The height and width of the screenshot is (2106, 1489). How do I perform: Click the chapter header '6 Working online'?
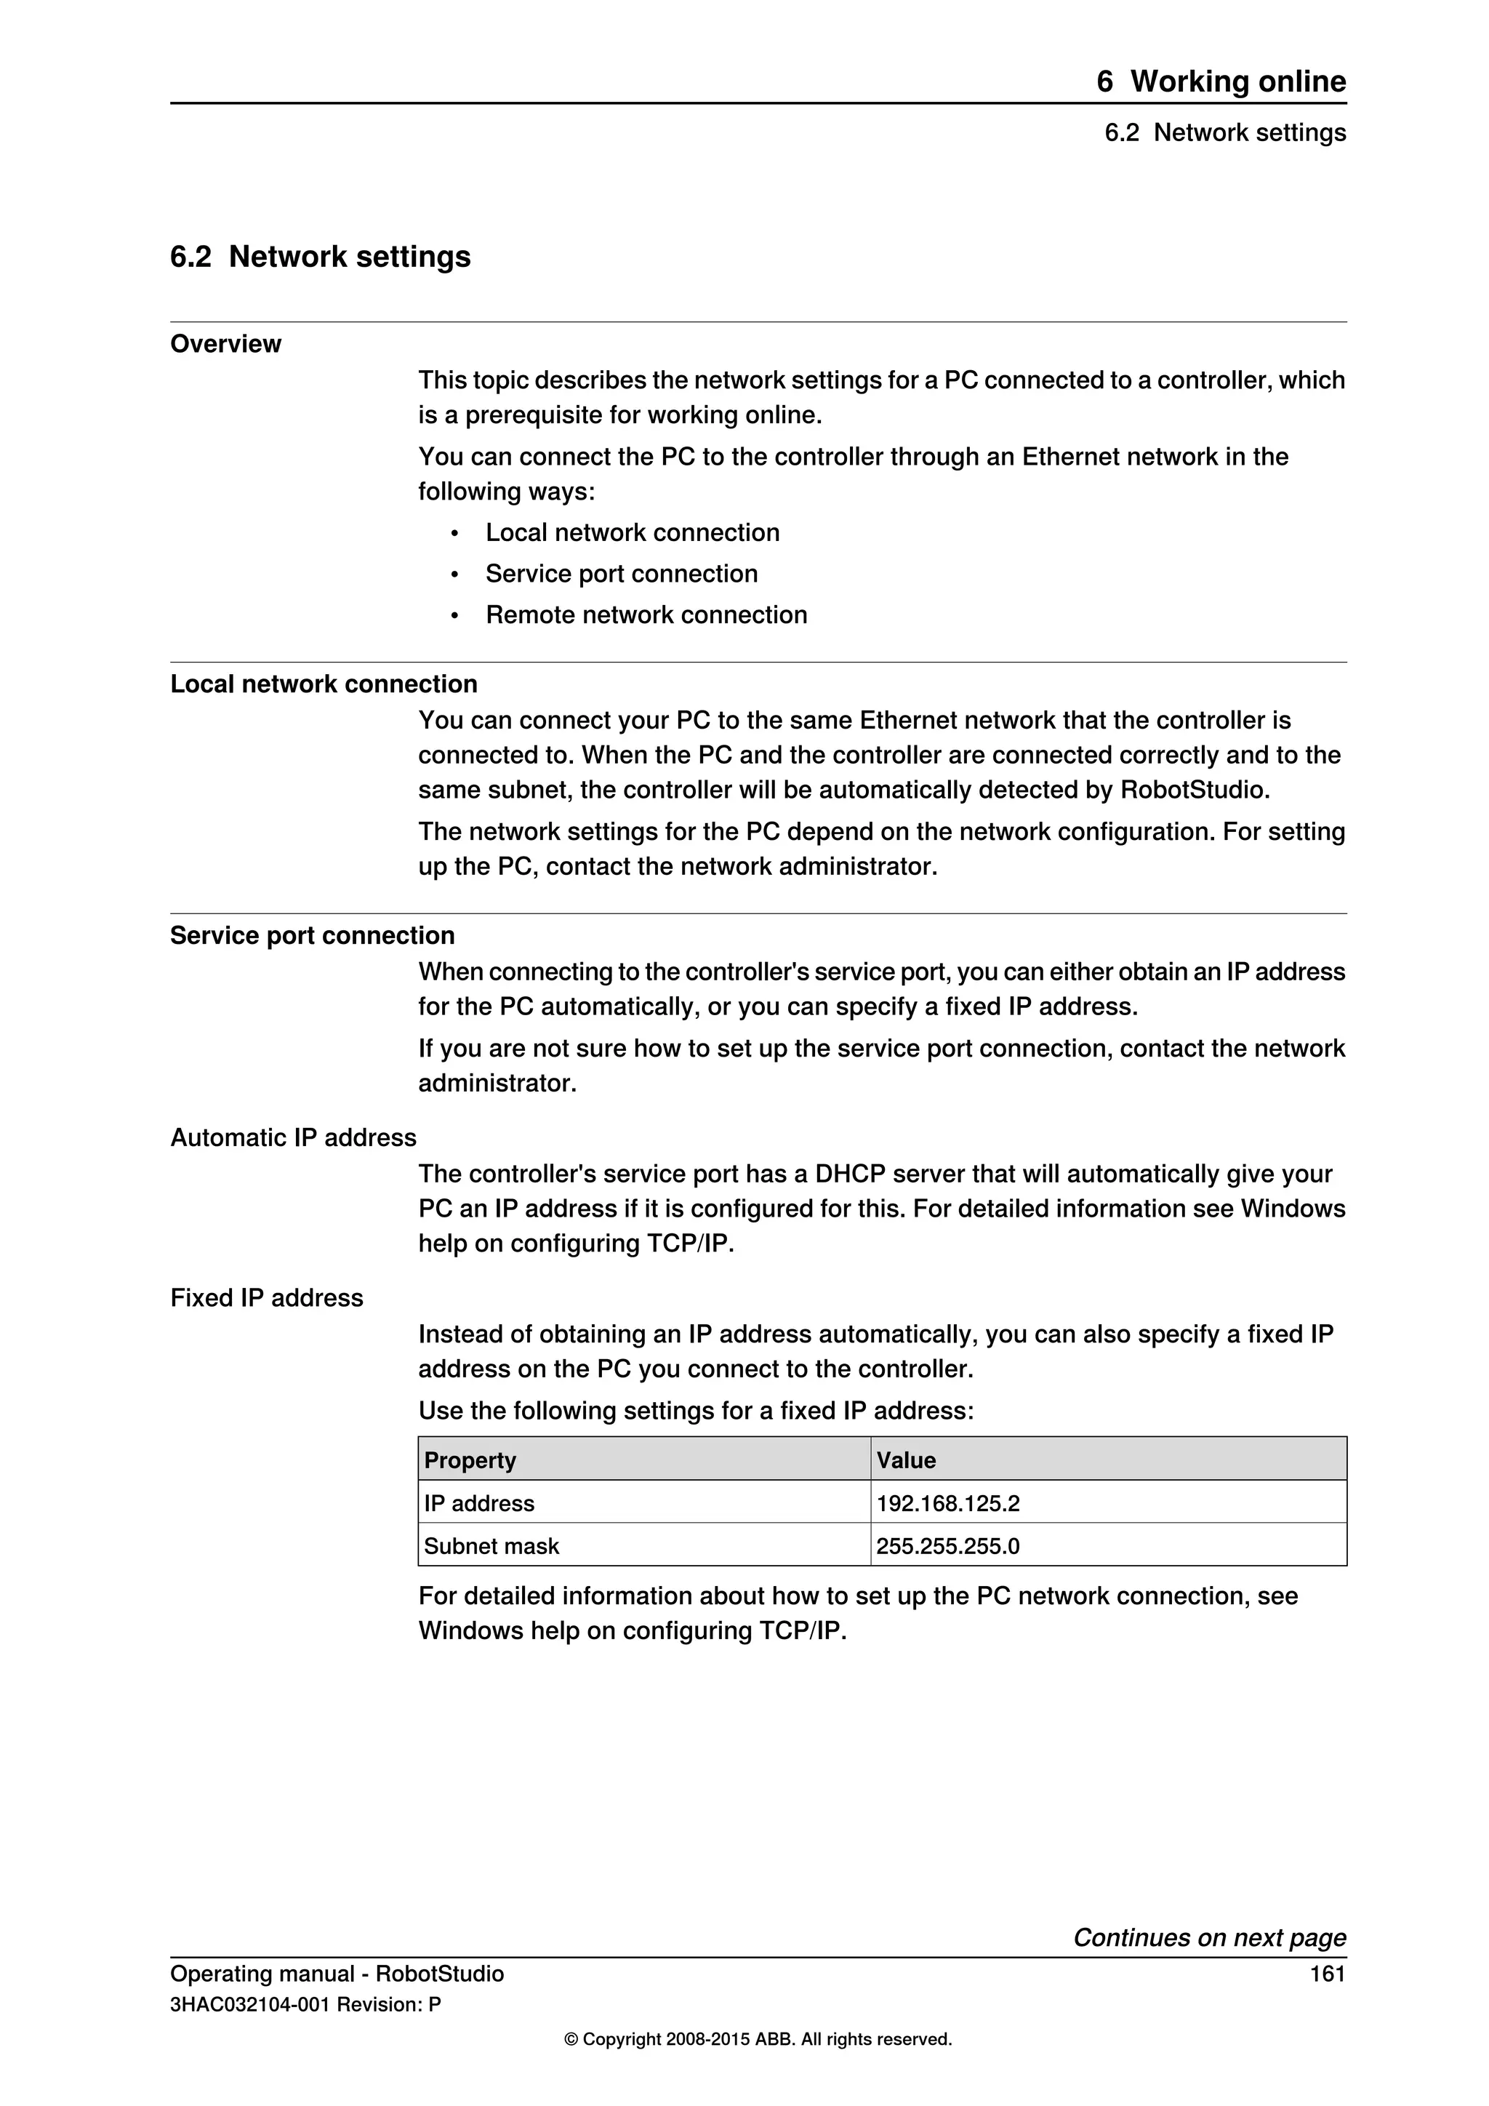(x=1221, y=81)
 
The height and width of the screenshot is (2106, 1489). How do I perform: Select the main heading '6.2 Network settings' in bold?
(x=320, y=257)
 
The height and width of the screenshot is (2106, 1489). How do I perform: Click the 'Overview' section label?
(x=225, y=344)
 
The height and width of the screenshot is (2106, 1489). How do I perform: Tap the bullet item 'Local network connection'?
(x=632, y=533)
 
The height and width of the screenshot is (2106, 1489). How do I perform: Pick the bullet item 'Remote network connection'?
(x=646, y=614)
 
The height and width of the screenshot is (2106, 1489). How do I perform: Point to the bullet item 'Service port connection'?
(x=621, y=574)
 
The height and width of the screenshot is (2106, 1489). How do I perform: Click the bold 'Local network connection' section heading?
(x=324, y=684)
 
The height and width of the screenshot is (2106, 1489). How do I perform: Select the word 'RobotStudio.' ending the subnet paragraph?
(x=1195, y=790)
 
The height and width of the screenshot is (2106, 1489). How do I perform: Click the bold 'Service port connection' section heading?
(x=312, y=936)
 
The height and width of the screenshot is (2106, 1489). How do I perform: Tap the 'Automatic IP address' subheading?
(x=294, y=1138)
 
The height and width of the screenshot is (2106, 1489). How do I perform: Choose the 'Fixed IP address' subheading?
(x=267, y=1298)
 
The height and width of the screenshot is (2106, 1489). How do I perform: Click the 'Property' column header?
(x=470, y=1460)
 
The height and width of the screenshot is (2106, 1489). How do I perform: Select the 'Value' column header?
(x=906, y=1460)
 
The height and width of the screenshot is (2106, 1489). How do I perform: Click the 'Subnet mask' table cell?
(x=491, y=1547)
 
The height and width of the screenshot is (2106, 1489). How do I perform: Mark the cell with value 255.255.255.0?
(x=947, y=1547)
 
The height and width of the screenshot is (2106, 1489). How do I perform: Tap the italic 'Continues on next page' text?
(x=1209, y=1937)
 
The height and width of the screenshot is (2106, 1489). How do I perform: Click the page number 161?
(x=1327, y=1974)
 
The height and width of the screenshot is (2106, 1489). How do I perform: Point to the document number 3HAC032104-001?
(x=249, y=2005)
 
